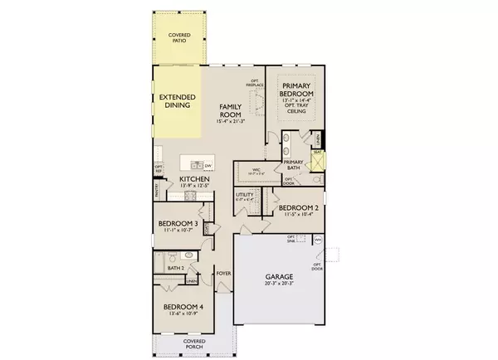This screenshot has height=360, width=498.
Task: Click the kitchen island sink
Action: pos(194,163)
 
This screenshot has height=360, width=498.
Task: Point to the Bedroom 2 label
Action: pos(295,209)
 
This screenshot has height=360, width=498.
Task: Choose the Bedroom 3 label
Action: pos(178,226)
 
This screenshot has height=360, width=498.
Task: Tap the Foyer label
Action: pos(222,273)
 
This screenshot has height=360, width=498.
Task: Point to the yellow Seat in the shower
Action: pos(316,155)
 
